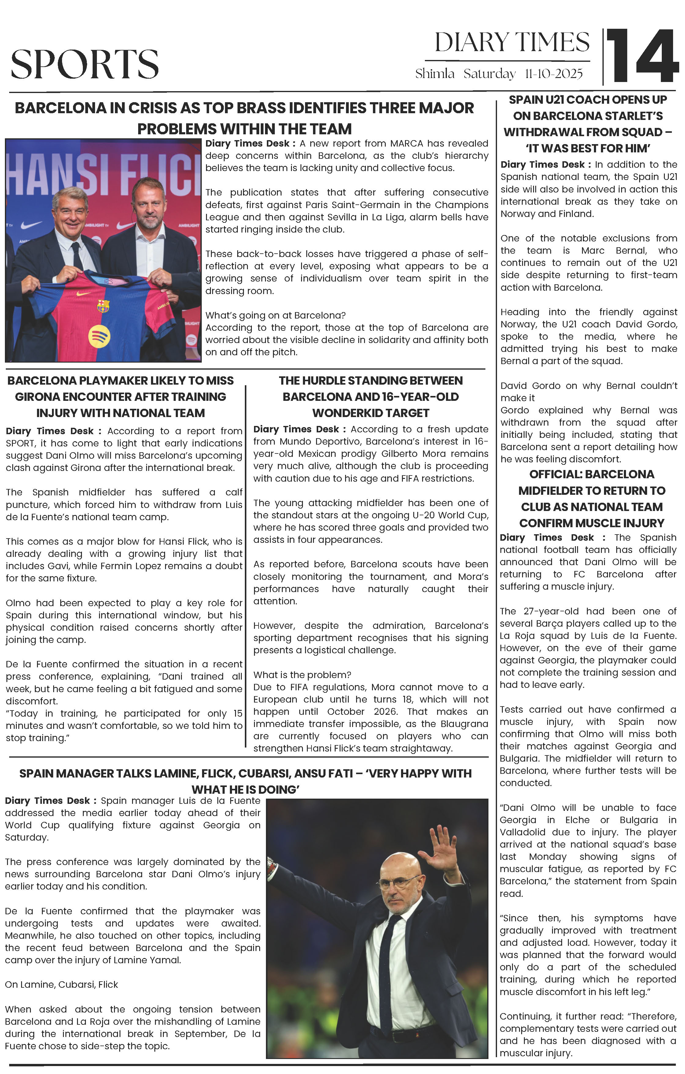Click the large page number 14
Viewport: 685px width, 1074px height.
pos(642,56)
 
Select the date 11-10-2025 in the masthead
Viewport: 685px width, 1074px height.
pos(554,74)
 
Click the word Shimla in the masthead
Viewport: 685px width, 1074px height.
pos(435,74)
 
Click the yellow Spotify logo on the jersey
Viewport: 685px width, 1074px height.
pos(99,336)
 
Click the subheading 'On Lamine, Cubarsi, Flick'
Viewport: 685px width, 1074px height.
pos(61,984)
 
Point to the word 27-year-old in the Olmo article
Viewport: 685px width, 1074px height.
pos(548,611)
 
